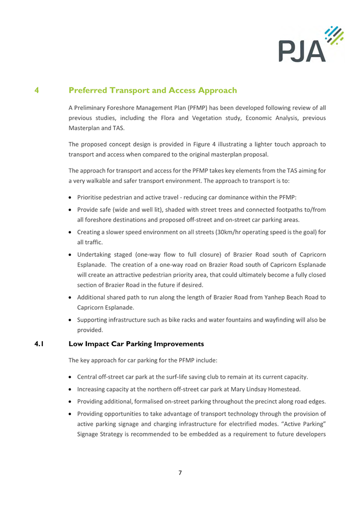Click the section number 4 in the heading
tap(37, 91)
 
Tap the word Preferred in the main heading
tap(97, 91)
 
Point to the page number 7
tap(180, 472)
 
